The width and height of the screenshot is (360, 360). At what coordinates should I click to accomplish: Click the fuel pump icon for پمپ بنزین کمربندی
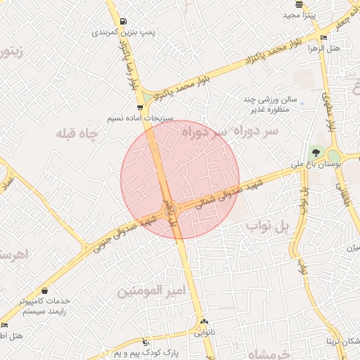pyautogui.click(x=124, y=21)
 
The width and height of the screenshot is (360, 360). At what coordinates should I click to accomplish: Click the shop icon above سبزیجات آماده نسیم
pyautogui.click(x=140, y=108)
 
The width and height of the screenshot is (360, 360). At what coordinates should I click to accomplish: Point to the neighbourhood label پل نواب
pyautogui.click(x=267, y=227)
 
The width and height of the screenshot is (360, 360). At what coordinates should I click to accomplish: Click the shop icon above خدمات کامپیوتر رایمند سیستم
pyautogui.click(x=46, y=290)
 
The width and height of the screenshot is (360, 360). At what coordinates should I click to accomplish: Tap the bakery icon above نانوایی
pyautogui.click(x=204, y=321)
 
